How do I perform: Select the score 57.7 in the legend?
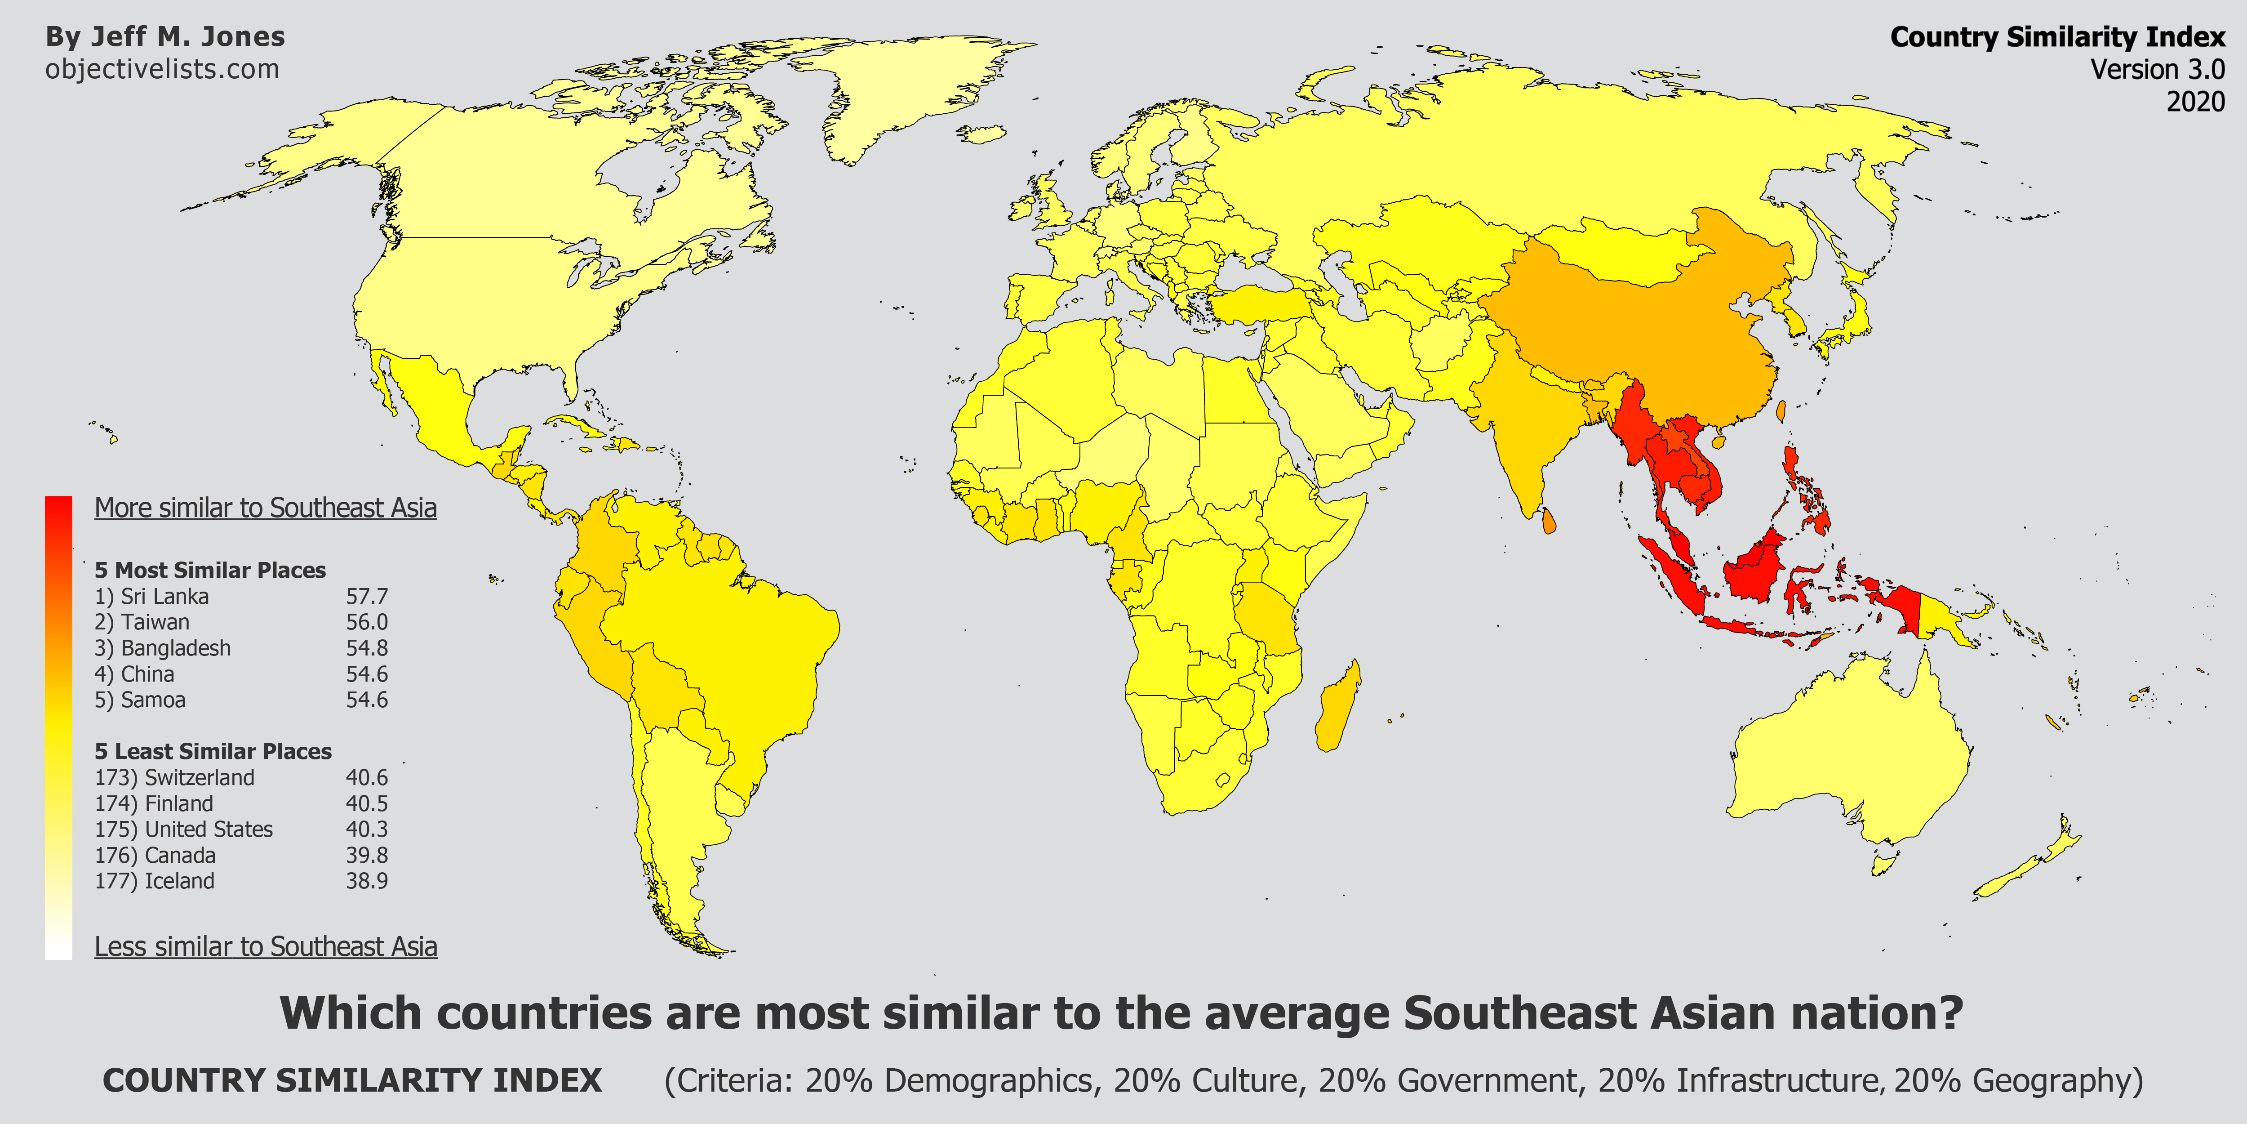coord(366,597)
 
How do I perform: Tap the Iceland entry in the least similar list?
coord(155,881)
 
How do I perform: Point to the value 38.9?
coord(366,881)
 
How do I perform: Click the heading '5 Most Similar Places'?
coord(210,571)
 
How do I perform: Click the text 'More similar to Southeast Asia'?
coord(265,508)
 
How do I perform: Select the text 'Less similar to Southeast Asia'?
coord(265,947)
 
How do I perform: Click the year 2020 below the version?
coord(2195,102)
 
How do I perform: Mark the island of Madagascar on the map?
coord(1337,707)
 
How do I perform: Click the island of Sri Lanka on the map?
coord(1548,521)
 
